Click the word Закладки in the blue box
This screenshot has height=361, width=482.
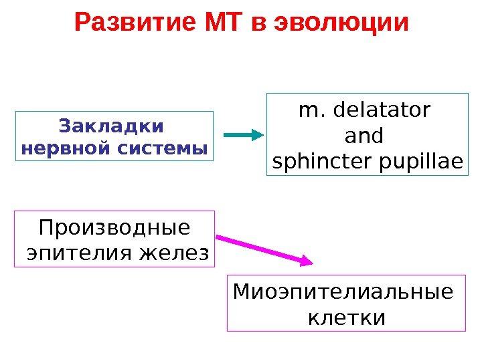click(111, 126)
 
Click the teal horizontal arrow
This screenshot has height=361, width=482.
click(240, 135)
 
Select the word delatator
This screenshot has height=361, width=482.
click(382, 110)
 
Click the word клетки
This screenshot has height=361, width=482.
click(346, 317)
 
